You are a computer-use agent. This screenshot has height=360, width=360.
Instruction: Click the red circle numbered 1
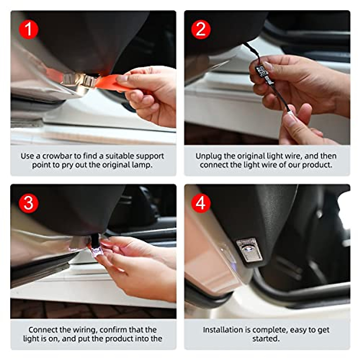(x=28, y=29)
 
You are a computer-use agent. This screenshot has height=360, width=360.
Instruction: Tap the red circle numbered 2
(x=201, y=29)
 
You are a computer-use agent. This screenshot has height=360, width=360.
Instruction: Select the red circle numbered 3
(x=28, y=203)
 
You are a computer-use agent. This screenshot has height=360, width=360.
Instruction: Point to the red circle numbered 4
(x=201, y=203)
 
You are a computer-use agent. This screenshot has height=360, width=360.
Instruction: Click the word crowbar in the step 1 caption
(x=57, y=156)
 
